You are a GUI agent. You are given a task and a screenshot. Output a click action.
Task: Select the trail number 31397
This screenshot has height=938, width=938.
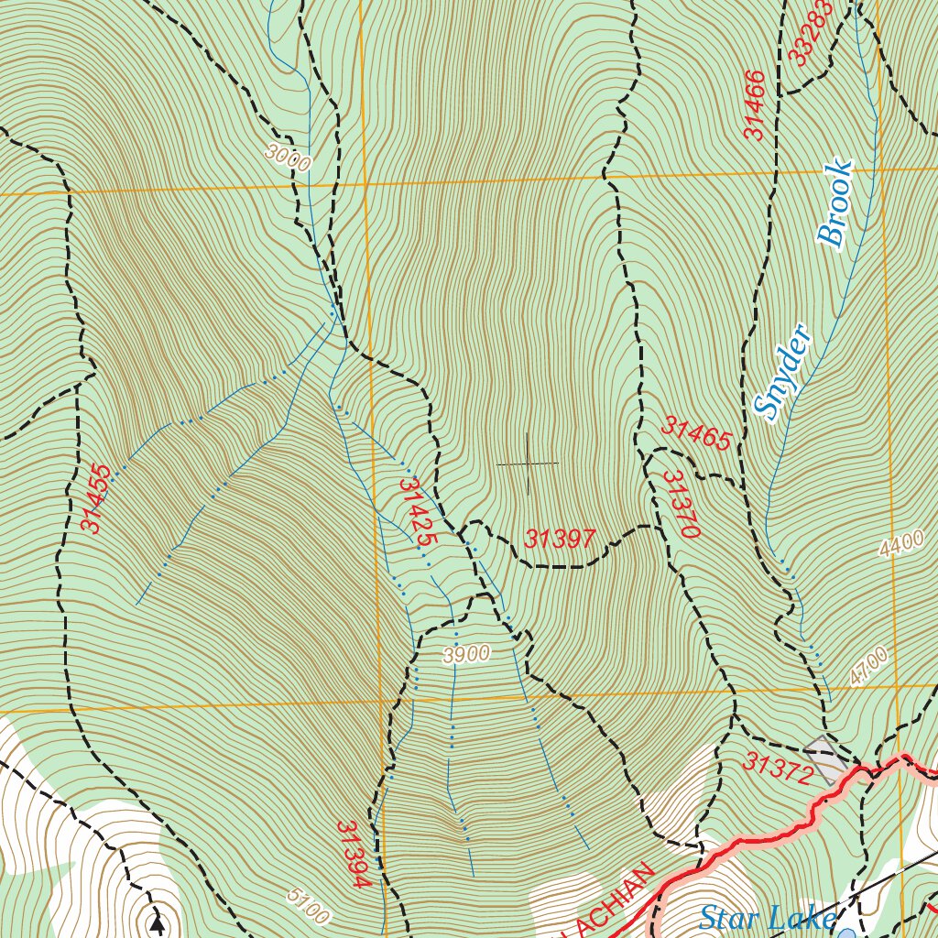tap(561, 540)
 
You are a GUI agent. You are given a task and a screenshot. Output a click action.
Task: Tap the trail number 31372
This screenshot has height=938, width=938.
tap(779, 769)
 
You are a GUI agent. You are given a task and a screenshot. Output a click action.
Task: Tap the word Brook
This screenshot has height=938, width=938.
tap(835, 204)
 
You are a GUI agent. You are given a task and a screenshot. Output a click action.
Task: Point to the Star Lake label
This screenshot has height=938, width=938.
tap(768, 917)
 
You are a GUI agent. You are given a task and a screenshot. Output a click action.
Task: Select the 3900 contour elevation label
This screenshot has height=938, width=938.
tap(465, 654)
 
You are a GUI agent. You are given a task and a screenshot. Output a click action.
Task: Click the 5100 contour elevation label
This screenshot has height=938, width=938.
tap(306, 906)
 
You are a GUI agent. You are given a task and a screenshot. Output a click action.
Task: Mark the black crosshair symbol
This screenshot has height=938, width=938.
tap(528, 464)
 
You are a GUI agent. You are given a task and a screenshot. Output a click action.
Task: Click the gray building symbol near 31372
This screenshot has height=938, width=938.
tap(828, 759)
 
